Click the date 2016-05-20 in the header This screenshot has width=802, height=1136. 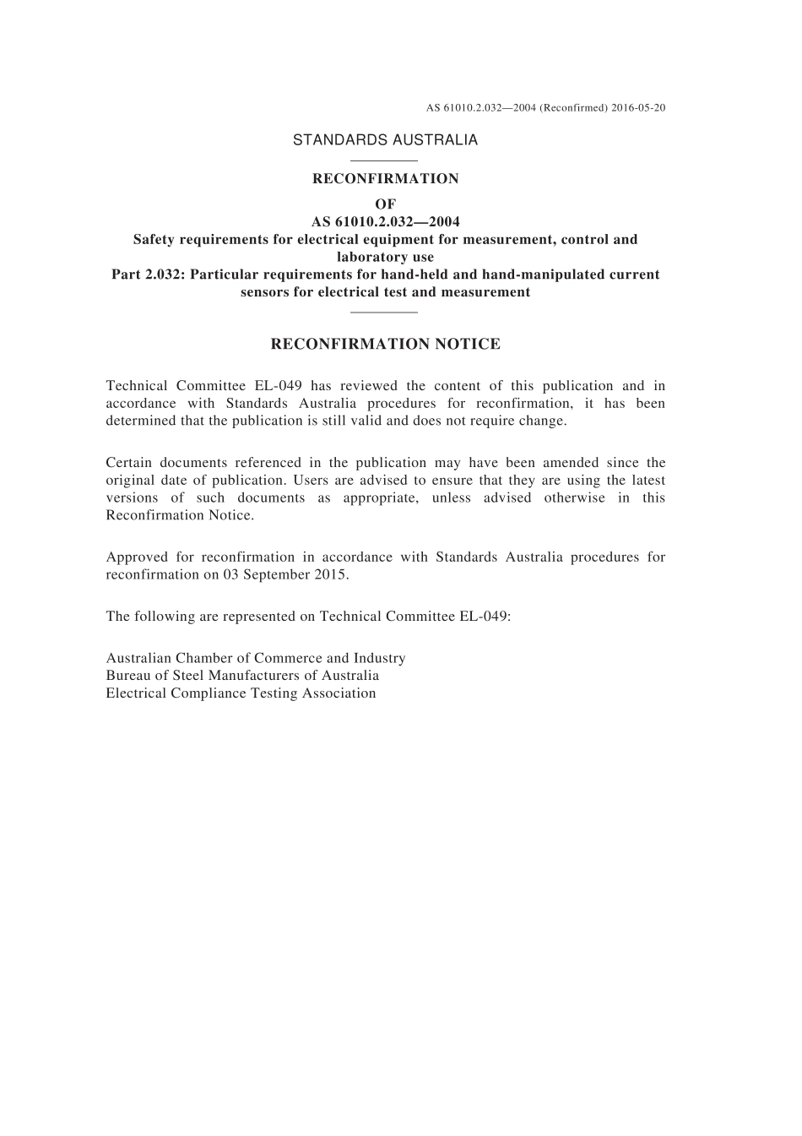pos(637,108)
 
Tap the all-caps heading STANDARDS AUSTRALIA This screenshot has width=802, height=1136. pos(385,140)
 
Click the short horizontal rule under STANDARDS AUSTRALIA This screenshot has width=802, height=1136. pos(384,160)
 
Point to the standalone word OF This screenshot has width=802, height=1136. pos(385,204)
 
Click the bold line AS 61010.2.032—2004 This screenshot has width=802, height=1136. pos(385,222)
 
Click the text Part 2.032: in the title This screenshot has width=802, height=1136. pos(149,274)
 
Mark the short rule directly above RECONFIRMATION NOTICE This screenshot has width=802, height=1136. pos(384,312)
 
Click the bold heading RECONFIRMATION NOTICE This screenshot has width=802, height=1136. pos(385,344)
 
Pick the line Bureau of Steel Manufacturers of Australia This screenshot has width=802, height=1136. pos(242,676)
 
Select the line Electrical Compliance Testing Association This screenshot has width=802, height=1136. pos(241,693)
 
